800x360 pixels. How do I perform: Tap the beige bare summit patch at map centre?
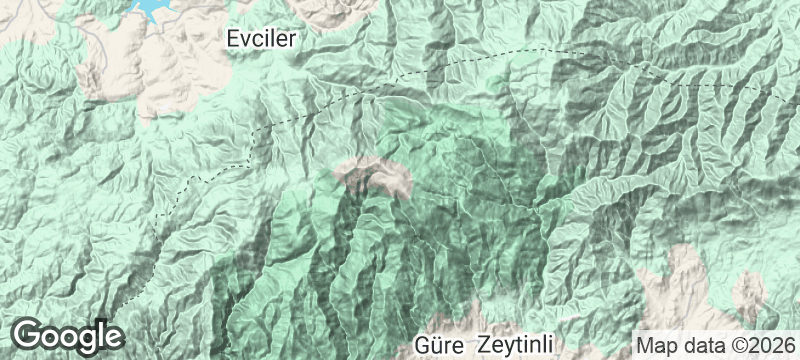pos(375,175)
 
